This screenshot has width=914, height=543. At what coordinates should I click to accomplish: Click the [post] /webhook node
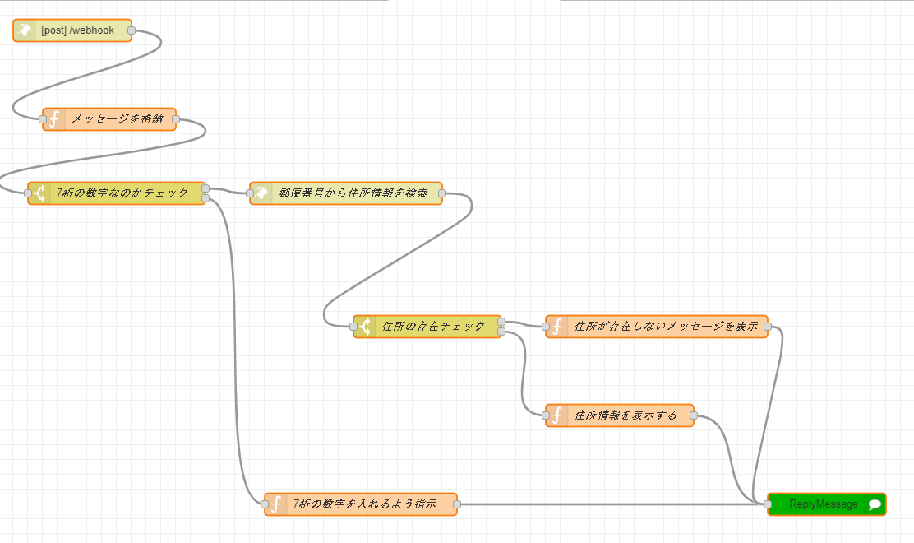coord(77,30)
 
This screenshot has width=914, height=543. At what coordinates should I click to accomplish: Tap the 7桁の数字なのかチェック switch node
coord(123,193)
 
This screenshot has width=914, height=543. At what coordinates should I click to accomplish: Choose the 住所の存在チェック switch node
coord(434,327)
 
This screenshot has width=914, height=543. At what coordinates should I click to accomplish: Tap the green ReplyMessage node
coord(822,504)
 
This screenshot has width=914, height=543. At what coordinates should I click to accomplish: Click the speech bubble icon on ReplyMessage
coord(875,504)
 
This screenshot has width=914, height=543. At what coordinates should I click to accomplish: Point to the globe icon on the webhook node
coord(25,30)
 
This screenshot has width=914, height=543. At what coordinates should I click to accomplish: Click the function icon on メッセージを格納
coord(54,119)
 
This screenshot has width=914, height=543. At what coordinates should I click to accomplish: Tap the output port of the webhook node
coord(132,30)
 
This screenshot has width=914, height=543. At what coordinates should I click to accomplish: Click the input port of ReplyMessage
coord(768,504)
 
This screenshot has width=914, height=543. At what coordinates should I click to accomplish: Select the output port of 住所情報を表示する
coord(693,415)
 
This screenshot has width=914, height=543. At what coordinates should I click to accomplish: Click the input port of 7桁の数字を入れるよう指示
coord(265,504)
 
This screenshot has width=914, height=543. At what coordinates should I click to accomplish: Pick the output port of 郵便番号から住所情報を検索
coord(442,193)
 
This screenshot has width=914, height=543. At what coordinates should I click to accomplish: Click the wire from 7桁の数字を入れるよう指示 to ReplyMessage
coord(608,504)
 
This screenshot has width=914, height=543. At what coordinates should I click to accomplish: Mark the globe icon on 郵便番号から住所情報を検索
coord(261,193)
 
